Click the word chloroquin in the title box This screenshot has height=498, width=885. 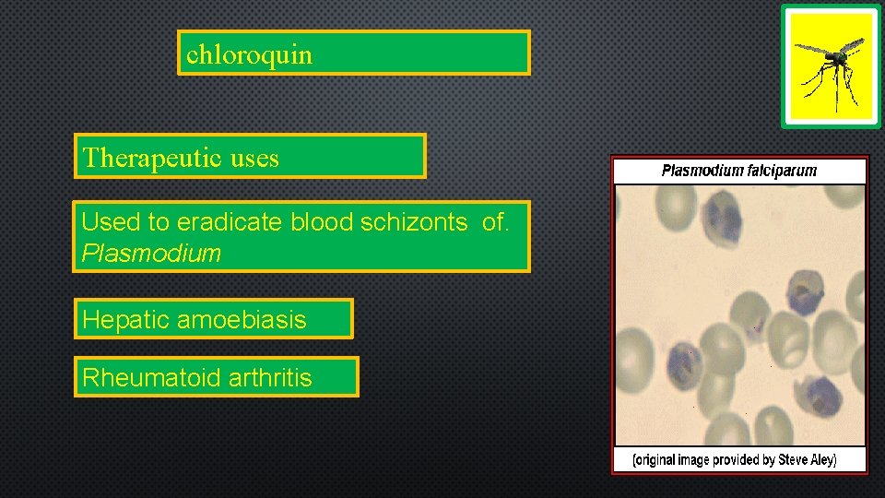click(249, 54)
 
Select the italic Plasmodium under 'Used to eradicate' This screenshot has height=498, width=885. click(151, 254)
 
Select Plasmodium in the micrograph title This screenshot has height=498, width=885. click(702, 171)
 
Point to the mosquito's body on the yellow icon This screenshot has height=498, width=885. click(835, 59)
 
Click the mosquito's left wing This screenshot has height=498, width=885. click(811, 49)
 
